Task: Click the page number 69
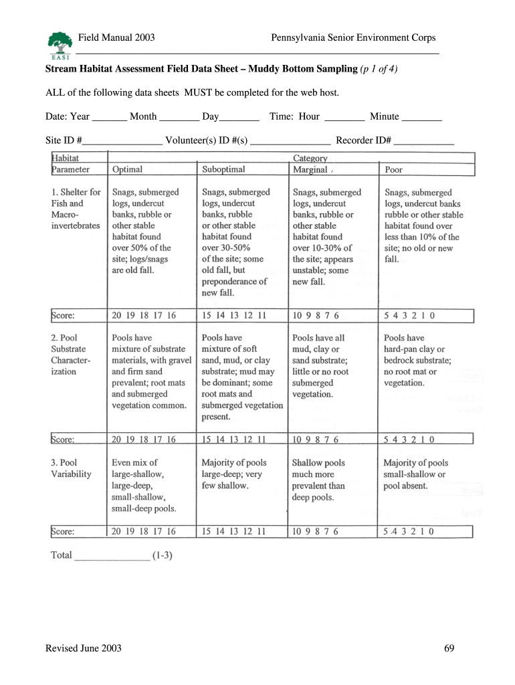(449, 648)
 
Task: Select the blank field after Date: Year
(109, 118)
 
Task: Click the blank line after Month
(179, 118)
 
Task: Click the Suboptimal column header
(223, 170)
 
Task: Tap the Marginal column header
(310, 170)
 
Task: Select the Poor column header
(394, 170)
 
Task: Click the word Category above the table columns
(310, 159)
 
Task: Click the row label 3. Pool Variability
(71, 468)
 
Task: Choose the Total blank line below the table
(112, 557)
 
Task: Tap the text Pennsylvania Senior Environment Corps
(353, 38)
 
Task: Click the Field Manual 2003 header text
(116, 38)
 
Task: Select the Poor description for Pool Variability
(415, 474)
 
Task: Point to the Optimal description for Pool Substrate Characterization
(151, 371)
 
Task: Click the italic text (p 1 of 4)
(379, 69)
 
